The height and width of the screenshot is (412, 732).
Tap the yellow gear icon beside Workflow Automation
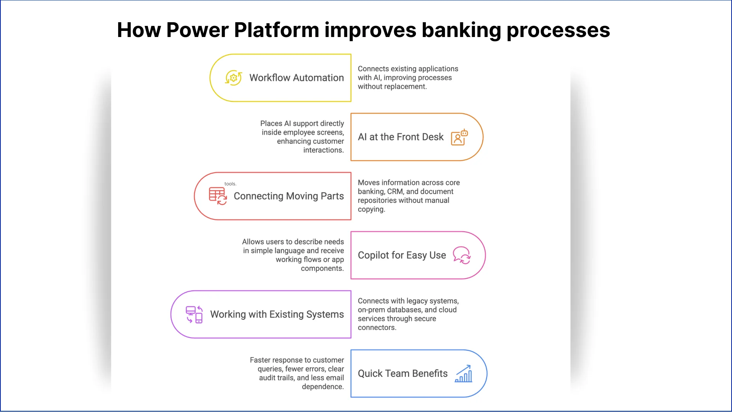233,78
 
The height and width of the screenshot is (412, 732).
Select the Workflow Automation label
296,78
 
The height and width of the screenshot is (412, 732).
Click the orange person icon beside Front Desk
459,137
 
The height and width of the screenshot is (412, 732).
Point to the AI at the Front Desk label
400,137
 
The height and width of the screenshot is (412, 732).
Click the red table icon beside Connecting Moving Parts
218,196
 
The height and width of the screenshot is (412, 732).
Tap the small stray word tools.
230,184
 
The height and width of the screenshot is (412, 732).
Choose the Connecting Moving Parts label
289,196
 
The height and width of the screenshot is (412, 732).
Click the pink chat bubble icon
462,255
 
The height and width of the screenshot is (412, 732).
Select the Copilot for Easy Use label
401,255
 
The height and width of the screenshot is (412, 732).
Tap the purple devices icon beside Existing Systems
194,314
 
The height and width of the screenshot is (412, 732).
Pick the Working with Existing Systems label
277,314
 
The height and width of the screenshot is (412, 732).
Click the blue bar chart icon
464,373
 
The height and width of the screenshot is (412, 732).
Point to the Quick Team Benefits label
403,373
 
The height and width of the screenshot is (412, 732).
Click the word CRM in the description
395,192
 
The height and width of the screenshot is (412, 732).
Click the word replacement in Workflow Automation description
406,87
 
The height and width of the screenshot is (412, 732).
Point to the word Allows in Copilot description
253,242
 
